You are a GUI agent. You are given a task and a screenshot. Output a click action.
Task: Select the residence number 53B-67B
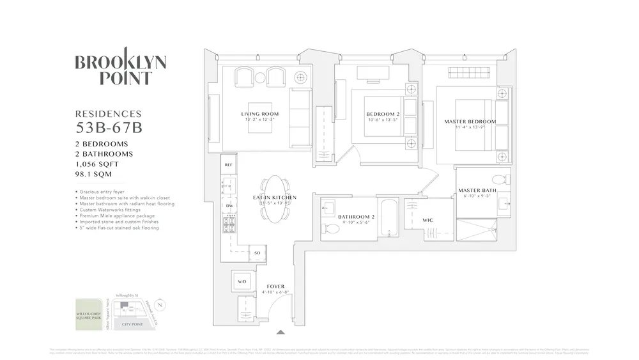[x=108, y=127]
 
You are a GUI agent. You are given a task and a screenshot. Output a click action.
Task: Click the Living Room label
[x=260, y=114]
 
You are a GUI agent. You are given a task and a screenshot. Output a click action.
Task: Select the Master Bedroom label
[x=470, y=121]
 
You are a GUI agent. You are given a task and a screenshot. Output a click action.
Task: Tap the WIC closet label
[x=428, y=220]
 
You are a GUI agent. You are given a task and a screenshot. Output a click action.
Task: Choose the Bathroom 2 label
[x=357, y=217]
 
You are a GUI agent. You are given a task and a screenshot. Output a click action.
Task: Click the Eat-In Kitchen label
[x=275, y=198]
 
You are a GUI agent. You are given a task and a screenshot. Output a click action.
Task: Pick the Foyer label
[x=275, y=286]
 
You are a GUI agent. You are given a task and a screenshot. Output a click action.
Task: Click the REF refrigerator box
[x=229, y=164]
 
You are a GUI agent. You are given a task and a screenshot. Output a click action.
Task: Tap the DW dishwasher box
[x=229, y=205]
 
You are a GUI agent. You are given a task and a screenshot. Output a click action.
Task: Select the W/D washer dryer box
[x=242, y=281]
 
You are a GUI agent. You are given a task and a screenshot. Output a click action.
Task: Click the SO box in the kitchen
[x=258, y=253]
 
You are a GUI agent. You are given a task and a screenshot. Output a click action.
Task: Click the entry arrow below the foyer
[x=280, y=332]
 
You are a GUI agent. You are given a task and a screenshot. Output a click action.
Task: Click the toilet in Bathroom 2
[x=330, y=228]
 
